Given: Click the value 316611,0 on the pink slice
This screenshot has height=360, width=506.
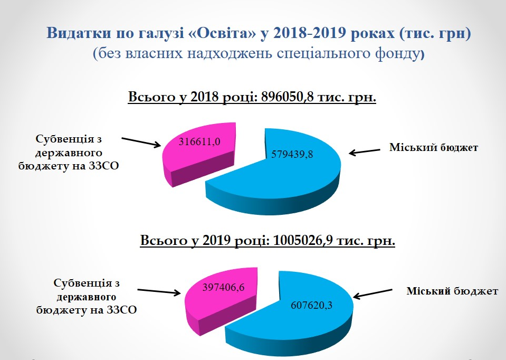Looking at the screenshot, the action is pyautogui.click(x=199, y=141).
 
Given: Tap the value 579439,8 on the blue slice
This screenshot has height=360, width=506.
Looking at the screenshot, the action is pyautogui.click(x=292, y=154).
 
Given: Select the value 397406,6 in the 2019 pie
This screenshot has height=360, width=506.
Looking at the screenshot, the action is pyautogui.click(x=223, y=287).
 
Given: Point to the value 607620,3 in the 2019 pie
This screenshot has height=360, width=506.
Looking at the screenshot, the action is pyautogui.click(x=311, y=305).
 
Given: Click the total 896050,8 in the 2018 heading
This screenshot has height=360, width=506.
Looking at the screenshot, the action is pyautogui.click(x=287, y=97).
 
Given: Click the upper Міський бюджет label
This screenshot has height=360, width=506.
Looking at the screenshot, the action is pyautogui.click(x=434, y=147).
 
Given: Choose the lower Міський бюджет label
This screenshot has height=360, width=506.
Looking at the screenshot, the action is pyautogui.click(x=452, y=291).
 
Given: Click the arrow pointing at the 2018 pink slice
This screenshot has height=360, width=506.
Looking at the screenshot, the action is pyautogui.click(x=141, y=142).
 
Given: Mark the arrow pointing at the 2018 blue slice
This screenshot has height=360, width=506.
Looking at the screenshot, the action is pyautogui.click(x=365, y=152).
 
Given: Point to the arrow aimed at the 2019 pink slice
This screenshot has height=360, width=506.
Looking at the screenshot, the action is pyautogui.click(x=159, y=291).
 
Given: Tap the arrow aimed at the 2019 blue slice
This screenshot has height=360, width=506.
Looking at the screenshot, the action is pyautogui.click(x=373, y=294).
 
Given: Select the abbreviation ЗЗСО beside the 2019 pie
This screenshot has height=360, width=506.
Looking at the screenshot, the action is pyautogui.click(x=121, y=310).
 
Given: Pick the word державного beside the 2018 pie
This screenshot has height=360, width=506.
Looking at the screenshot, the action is pyautogui.click(x=69, y=153).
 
